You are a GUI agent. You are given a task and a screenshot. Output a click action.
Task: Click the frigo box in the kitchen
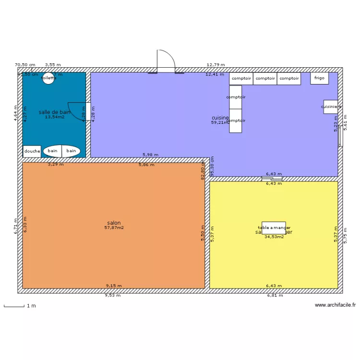click(320, 78)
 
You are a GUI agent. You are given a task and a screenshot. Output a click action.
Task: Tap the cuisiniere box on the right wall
click(331, 107)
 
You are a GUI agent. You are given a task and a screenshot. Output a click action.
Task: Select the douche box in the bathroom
click(32, 151)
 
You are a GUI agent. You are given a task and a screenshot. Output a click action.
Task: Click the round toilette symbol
click(48, 78)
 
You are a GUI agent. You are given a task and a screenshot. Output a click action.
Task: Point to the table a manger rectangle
click(274, 228)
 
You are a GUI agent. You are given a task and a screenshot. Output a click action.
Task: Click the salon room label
click(114, 223)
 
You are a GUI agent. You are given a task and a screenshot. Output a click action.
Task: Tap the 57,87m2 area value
click(114, 228)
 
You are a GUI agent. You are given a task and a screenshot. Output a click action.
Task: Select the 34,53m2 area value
click(274, 237)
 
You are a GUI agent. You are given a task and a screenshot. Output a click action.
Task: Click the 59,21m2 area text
click(220, 123)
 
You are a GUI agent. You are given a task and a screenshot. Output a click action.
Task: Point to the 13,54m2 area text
click(55, 117)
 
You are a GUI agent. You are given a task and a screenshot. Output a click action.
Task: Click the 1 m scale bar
click(14, 306)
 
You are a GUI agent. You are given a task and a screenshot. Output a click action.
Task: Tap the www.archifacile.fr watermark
click(336, 305)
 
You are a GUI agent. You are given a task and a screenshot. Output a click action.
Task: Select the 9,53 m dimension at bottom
click(113, 296)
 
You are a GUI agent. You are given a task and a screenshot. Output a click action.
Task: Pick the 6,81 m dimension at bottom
click(275, 296)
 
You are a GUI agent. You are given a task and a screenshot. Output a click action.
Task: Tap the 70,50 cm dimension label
click(25, 64)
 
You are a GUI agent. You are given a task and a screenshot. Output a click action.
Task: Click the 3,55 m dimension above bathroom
click(53, 64)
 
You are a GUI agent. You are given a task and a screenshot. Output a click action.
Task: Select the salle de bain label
click(54, 112)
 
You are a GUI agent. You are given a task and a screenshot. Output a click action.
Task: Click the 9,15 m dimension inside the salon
click(114, 286)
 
